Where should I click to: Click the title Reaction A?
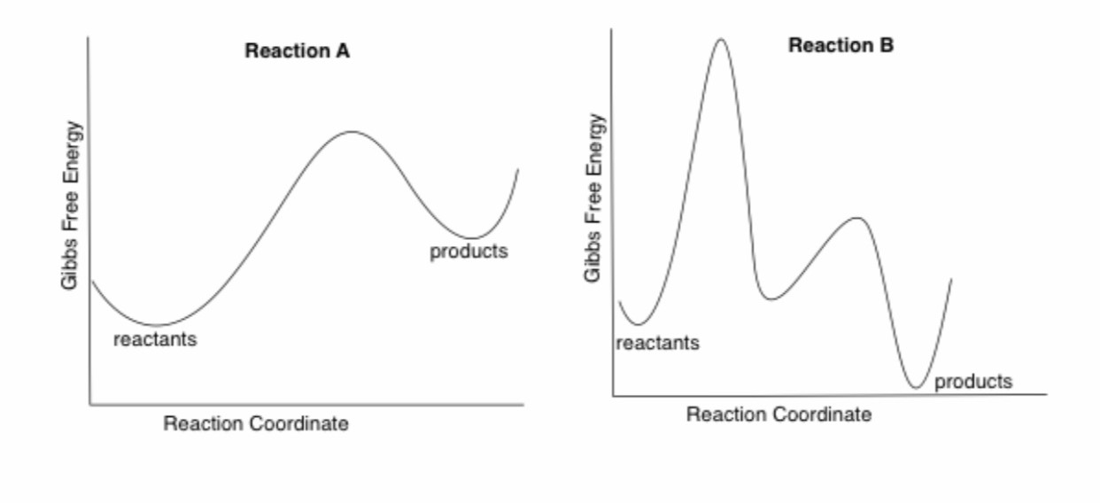pos(297,51)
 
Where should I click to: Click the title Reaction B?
pos(840,46)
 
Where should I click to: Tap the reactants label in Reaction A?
pos(155,339)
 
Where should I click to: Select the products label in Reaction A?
pos(469,251)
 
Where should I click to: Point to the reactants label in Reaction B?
pos(657,344)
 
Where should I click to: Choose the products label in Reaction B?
pos(972,382)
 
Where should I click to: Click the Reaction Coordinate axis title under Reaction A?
pos(255,424)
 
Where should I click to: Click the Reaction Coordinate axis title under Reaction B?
pos(779,414)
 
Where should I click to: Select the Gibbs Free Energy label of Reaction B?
pos(594,198)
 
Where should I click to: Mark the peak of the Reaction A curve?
pos(352,132)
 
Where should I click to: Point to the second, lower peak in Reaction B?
pos(855,218)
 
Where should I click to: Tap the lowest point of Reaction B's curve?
pos(917,387)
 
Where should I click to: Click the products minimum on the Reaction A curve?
pos(473,238)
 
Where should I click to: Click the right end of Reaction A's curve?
pos(518,169)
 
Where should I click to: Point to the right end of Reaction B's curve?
pos(951,280)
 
